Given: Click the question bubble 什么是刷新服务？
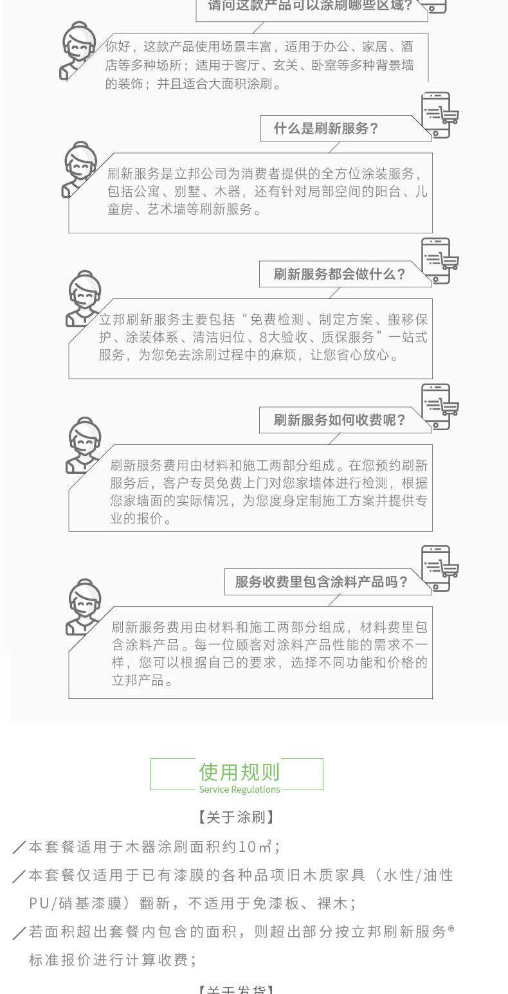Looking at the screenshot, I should (x=326, y=129).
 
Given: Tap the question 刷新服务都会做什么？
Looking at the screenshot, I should (x=340, y=275).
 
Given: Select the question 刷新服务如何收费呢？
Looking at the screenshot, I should (x=340, y=420).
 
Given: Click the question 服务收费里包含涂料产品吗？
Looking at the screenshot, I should (x=322, y=583).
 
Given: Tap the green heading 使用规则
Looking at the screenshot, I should (x=239, y=772).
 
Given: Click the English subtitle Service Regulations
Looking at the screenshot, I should (x=239, y=790).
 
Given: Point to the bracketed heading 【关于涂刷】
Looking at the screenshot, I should (x=237, y=817).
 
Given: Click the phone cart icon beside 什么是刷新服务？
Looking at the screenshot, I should (x=439, y=115).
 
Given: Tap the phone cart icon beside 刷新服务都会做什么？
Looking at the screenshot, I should (x=439, y=260).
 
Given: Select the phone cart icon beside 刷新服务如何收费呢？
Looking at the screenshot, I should (x=439, y=406).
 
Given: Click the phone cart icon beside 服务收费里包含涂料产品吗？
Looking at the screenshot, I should (x=439, y=568).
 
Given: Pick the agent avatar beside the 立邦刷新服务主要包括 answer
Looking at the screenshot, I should (x=82, y=299).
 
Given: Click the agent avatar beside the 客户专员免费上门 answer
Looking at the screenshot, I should (x=82, y=445).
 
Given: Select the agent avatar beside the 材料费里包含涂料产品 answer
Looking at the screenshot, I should (x=82, y=607).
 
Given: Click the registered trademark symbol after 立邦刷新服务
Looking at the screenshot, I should (x=451, y=928).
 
